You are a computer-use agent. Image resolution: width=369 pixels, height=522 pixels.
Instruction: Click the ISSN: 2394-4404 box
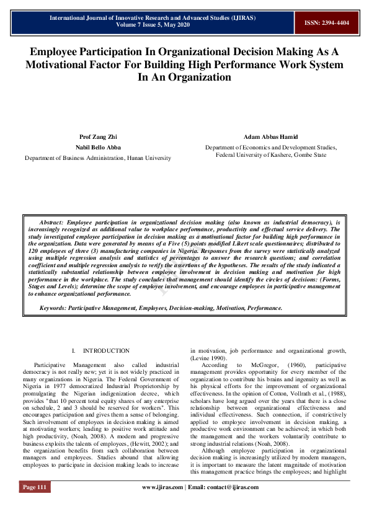pos(326,22)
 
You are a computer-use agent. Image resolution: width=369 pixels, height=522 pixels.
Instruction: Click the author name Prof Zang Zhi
pos(98,136)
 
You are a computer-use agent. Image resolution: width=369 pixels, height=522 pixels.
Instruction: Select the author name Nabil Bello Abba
pos(98,148)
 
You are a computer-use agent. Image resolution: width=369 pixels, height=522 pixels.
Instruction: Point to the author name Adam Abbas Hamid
pos(270,136)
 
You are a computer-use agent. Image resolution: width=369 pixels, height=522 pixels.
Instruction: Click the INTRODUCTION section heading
pos(106,351)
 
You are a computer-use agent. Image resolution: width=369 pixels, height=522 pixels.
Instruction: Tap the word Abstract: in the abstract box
pos(51,222)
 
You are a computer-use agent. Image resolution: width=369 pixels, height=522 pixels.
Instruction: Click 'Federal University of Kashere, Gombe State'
pos(271,155)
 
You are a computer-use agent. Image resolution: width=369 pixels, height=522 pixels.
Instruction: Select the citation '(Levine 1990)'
pos(211,358)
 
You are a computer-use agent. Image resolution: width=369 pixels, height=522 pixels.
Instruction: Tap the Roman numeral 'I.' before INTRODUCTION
pos(74,351)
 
